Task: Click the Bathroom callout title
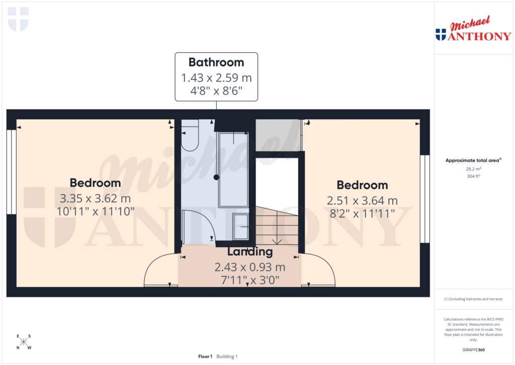[x=216, y=62]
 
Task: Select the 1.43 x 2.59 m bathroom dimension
[x=216, y=78]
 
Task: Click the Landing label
[x=250, y=252]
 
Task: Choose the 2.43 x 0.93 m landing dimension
[x=250, y=267]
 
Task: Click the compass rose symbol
[x=24, y=342]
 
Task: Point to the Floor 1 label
[x=205, y=356]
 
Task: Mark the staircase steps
[x=277, y=227]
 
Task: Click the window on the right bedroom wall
[x=425, y=198]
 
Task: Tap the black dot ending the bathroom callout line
[x=216, y=177]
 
